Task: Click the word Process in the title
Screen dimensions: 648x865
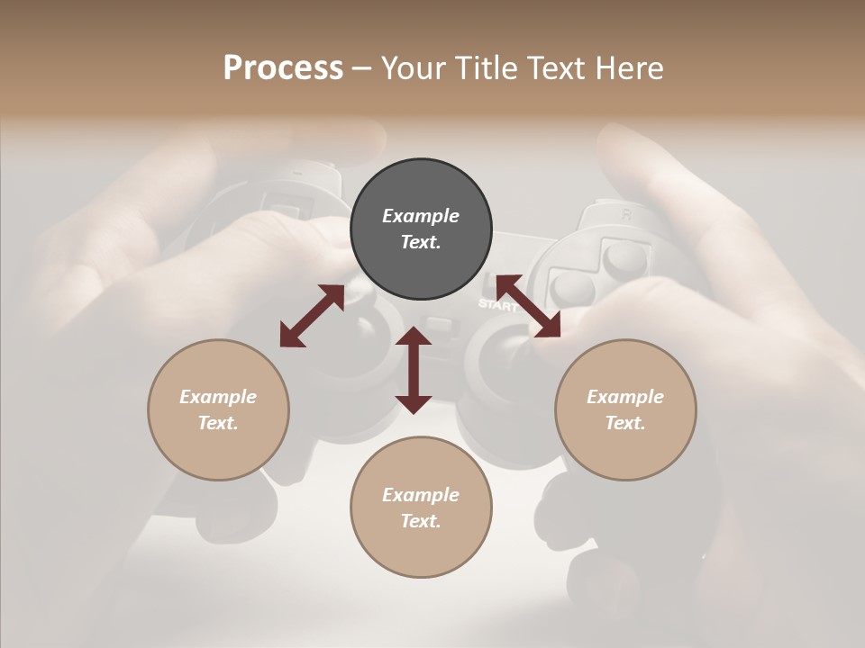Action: point(283,68)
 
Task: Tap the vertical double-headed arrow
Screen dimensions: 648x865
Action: point(414,370)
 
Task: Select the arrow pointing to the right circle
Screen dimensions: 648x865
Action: point(528,307)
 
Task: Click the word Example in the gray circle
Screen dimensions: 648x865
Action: point(421,216)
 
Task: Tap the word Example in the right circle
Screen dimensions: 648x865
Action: point(625,397)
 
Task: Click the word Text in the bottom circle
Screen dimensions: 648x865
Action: point(418,521)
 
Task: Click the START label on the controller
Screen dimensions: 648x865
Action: point(497,304)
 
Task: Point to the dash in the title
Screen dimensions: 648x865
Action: point(361,68)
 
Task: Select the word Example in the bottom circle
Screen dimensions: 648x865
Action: point(421,495)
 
